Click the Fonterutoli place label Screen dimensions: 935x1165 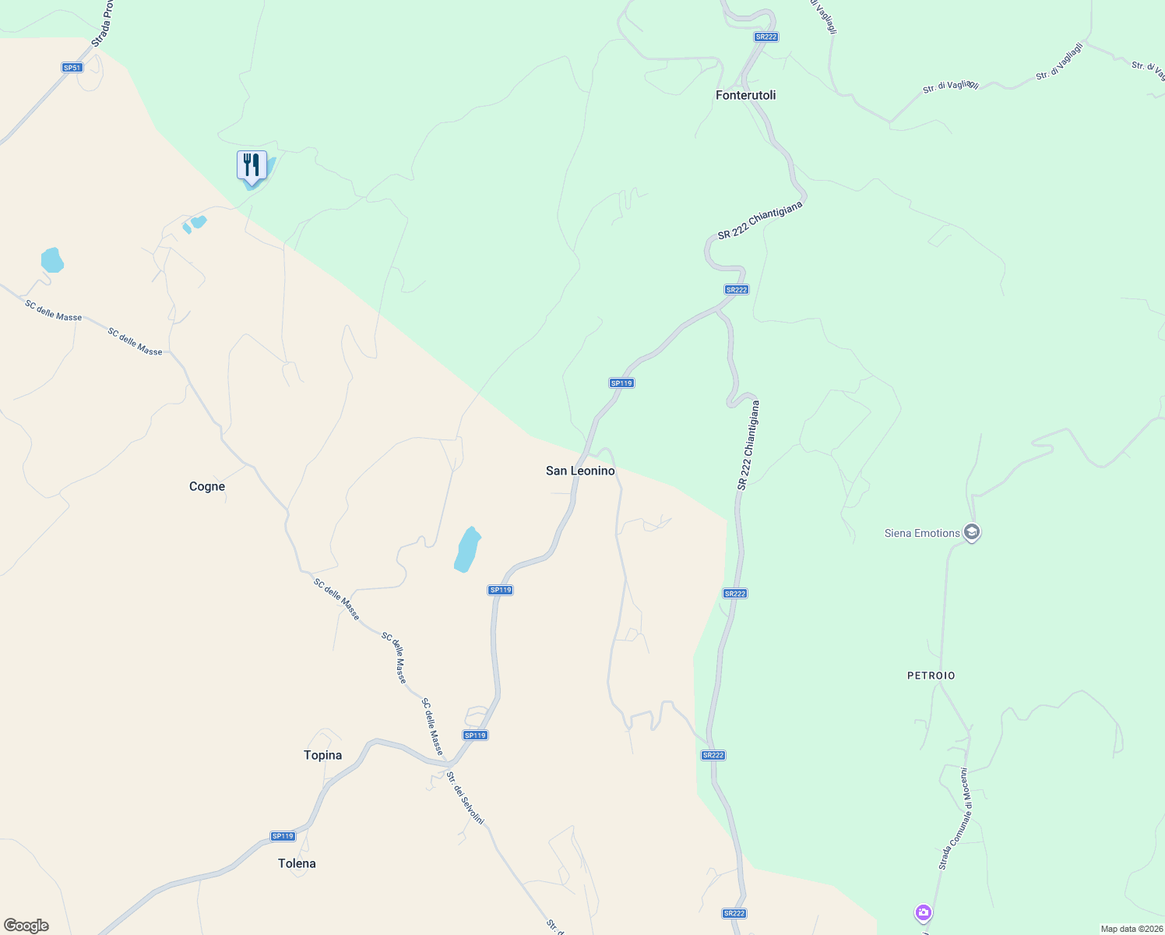click(745, 95)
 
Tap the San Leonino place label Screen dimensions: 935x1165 click(580, 471)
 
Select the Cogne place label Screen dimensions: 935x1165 click(207, 486)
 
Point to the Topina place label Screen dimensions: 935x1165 click(322, 755)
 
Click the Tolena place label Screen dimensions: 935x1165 click(297, 863)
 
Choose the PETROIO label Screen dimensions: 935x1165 click(931, 676)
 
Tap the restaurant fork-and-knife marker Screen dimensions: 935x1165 click(252, 166)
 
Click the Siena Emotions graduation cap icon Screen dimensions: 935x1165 click(971, 533)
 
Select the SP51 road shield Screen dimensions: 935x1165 click(72, 68)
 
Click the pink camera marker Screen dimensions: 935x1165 click(923, 912)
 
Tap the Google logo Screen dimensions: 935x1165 click(26, 926)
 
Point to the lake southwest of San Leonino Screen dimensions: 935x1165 click(466, 550)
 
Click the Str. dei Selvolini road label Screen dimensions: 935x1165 click(465, 798)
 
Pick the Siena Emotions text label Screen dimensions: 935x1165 click(922, 533)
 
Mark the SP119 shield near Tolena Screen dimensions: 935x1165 click(283, 836)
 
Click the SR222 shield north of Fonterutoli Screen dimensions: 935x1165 click(766, 37)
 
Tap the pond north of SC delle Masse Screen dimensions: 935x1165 click(51, 259)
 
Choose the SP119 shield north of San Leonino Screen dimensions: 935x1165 click(621, 383)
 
